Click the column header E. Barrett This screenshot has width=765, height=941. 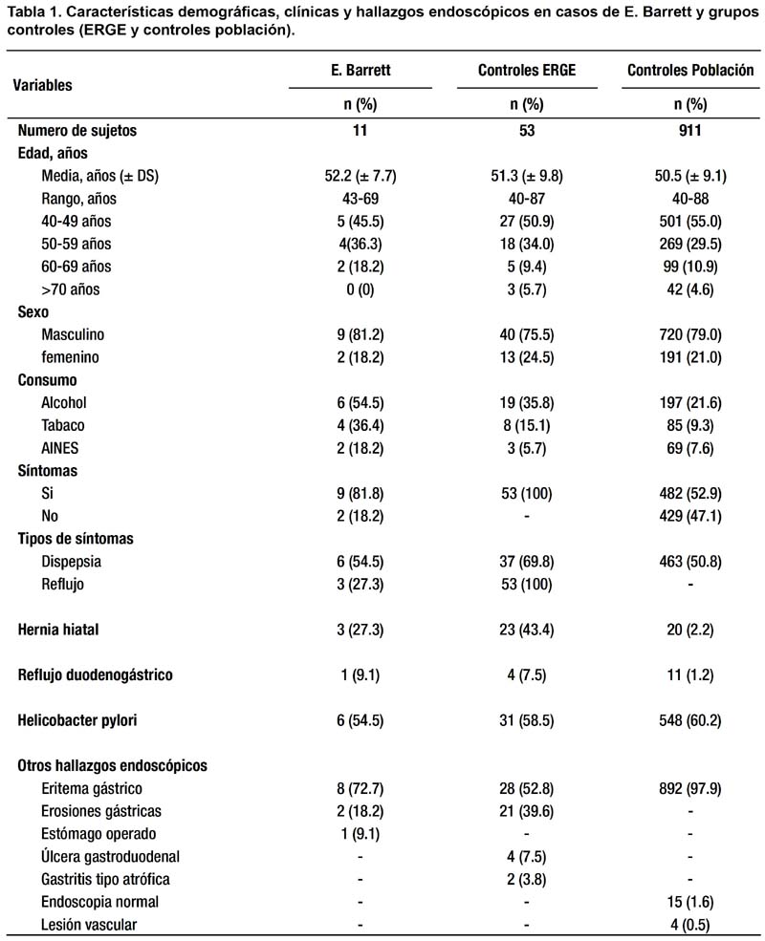tap(361, 70)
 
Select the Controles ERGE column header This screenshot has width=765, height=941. tap(527, 70)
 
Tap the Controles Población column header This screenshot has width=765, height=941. tap(690, 70)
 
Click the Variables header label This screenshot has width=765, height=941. tap(42, 85)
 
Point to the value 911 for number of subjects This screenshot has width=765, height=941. tap(690, 130)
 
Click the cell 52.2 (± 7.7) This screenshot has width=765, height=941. tap(361, 176)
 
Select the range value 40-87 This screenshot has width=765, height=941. tap(527, 199)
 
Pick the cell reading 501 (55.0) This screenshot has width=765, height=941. tap(690, 222)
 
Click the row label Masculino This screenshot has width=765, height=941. tap(73, 334)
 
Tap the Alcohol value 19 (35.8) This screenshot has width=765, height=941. tap(527, 403)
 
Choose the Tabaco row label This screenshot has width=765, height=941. tap(62, 425)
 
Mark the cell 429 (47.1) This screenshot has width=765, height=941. tap(690, 516)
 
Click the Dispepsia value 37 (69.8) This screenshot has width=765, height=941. tap(527, 562)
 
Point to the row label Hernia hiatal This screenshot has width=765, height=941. tap(58, 630)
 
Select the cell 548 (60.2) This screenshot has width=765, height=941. tap(690, 720)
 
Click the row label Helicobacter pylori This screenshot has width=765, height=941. tap(77, 720)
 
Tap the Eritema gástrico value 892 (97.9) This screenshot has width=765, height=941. tap(690, 788)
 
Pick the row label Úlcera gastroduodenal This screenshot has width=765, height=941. tap(111, 856)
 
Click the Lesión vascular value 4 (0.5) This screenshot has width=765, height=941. tap(690, 925)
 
